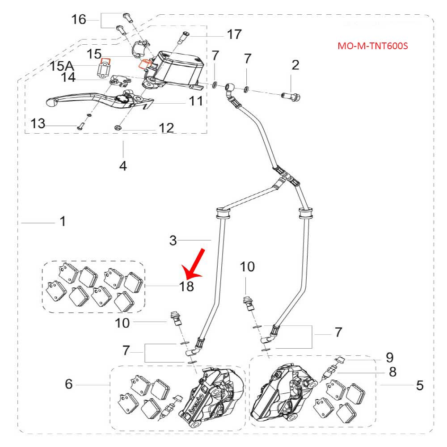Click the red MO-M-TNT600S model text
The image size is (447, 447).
pyautogui.click(x=373, y=46)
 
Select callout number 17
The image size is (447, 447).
pyautogui.click(x=234, y=34)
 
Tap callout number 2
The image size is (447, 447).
pyautogui.click(x=295, y=65)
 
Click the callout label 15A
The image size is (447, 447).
pyautogui.click(x=62, y=66)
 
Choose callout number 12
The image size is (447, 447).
pyautogui.click(x=166, y=128)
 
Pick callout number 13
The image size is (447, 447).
pyautogui.click(x=38, y=123)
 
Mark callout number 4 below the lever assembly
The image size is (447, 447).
pyautogui.click(x=123, y=166)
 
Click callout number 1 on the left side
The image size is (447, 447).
pyautogui.click(x=63, y=221)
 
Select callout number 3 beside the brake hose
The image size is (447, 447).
pyautogui.click(x=173, y=240)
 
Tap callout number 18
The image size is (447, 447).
pyautogui.click(x=187, y=286)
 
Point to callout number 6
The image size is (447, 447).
pyautogui.click(x=69, y=384)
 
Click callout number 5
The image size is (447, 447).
pyautogui.click(x=419, y=384)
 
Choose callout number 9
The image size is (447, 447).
pyautogui.click(x=390, y=357)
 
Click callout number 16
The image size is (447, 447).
pyautogui.click(x=79, y=20)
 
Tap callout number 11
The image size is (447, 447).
pyautogui.click(x=195, y=101)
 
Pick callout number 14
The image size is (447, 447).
pyautogui.click(x=68, y=78)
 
